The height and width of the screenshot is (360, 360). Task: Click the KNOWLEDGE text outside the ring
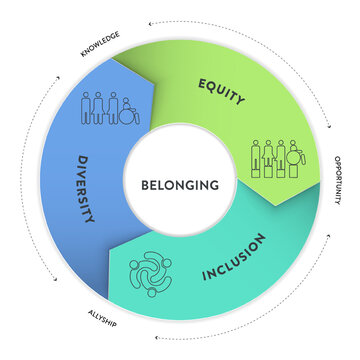(99, 41)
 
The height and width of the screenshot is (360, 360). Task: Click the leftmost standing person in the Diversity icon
(86, 108)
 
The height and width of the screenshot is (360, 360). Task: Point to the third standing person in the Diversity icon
(113, 108)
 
